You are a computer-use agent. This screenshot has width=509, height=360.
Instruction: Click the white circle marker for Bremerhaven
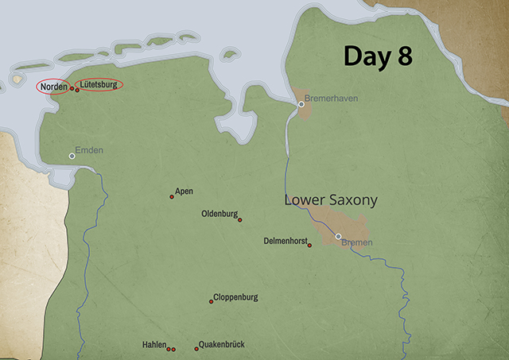click(301, 104)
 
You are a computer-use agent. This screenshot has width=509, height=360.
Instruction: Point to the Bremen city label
click(356, 242)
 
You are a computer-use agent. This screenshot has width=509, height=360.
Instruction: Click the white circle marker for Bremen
click(338, 236)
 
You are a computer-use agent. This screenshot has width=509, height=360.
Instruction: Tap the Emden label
click(89, 150)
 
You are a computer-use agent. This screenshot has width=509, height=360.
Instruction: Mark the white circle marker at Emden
click(72, 157)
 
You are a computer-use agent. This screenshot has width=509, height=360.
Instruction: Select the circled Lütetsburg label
click(99, 84)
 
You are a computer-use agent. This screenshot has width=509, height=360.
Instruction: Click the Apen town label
click(184, 192)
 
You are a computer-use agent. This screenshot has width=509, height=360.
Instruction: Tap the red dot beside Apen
click(172, 196)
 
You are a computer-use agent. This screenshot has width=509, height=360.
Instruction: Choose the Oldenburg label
click(220, 214)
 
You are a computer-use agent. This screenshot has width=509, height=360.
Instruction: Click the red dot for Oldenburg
click(240, 220)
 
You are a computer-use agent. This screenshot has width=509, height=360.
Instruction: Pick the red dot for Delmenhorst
click(310, 246)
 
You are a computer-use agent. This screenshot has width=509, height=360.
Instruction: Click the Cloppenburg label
click(235, 297)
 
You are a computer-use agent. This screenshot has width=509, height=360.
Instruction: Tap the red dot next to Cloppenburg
click(211, 301)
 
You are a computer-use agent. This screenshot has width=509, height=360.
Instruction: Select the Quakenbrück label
click(223, 344)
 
